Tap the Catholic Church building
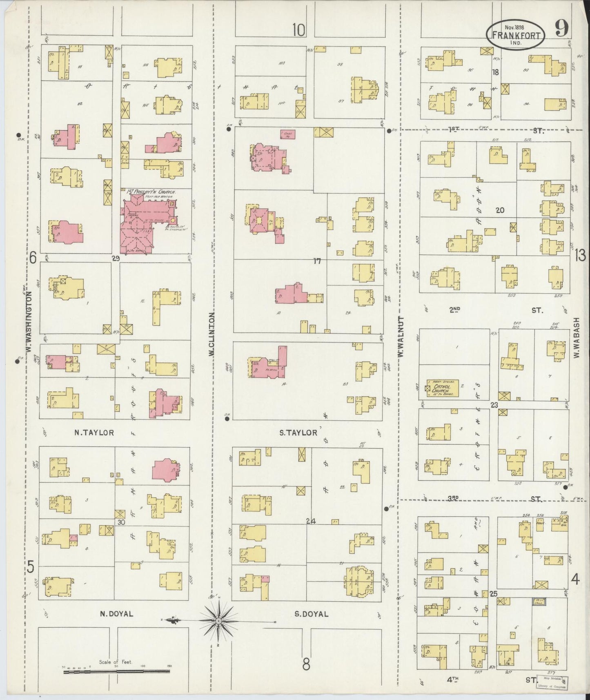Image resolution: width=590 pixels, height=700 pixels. point(442,388)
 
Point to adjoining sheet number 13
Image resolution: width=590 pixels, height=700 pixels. point(580,256)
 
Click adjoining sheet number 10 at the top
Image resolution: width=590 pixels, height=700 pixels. point(299,29)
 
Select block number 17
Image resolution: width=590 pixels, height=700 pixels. point(317,261)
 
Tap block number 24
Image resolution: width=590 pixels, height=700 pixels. point(311,521)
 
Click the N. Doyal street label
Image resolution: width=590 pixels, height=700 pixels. point(116,614)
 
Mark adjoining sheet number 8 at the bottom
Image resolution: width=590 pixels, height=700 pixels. point(306,664)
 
